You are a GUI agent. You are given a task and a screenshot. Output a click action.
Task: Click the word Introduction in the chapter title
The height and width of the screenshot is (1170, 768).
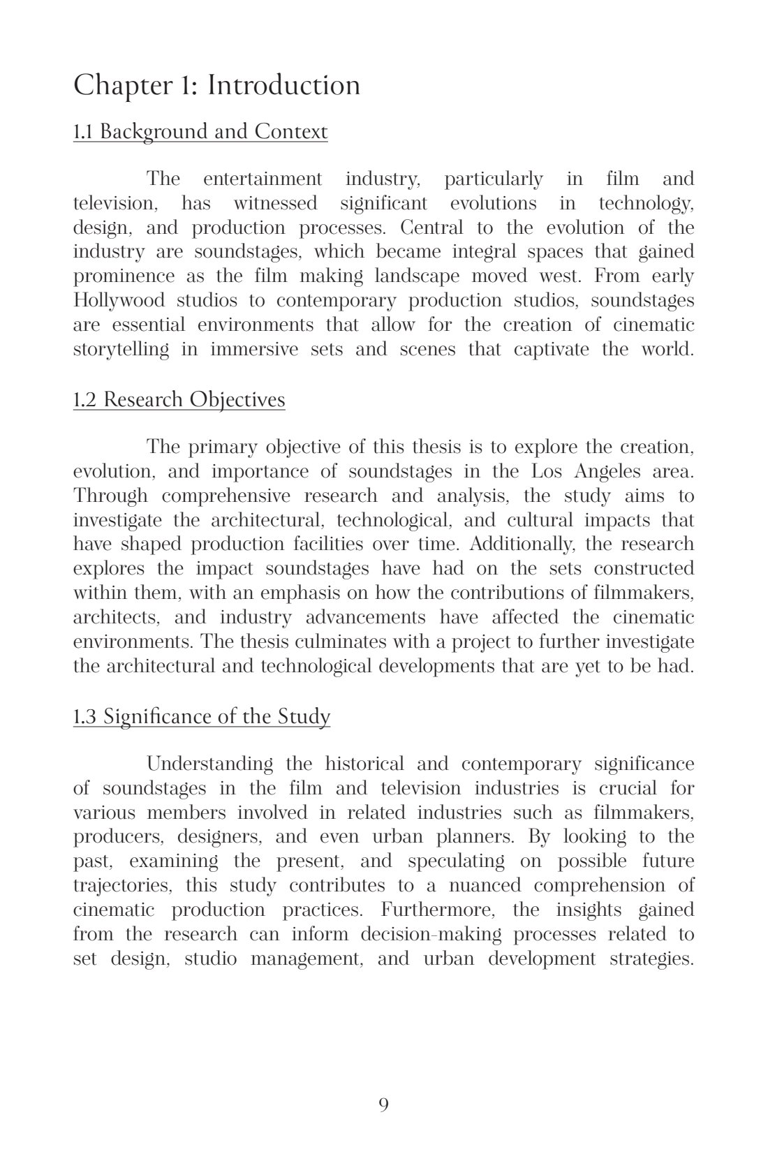284,85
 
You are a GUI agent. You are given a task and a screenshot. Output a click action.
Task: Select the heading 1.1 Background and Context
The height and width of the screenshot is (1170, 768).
200,131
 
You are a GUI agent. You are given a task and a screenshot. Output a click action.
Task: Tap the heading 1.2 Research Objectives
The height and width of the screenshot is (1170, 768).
179,399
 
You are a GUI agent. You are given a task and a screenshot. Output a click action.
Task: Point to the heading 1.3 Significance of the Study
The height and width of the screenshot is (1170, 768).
202,716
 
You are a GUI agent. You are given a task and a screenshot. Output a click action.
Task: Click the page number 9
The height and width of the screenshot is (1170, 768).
383,1104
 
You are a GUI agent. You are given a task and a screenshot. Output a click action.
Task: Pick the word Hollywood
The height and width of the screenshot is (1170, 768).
119,301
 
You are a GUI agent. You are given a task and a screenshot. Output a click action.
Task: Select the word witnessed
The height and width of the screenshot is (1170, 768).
274,203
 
